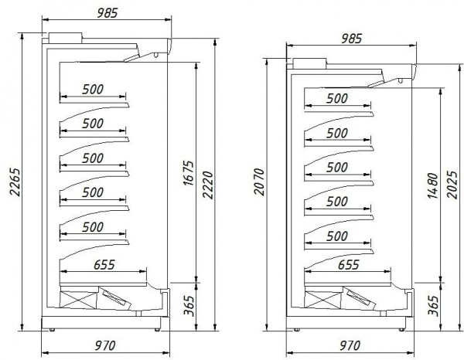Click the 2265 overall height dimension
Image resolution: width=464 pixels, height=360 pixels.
15,182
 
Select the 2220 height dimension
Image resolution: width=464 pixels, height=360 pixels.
208,185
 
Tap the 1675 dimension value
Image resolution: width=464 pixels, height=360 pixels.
188,173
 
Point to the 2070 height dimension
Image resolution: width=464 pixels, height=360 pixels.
259,182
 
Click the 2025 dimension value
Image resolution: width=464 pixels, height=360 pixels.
452,185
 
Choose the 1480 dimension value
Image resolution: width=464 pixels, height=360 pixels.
432,185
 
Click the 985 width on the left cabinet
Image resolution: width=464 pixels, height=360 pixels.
107,13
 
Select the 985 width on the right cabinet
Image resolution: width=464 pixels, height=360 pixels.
352,39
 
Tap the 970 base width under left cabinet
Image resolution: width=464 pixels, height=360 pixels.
105,345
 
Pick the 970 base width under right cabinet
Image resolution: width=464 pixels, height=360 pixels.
350,345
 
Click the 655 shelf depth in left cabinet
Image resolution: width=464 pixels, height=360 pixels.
104,264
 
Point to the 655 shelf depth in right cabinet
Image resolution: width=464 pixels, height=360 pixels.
349,264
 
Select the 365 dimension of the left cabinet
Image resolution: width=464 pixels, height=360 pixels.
189,306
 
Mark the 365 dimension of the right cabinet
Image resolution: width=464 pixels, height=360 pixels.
433,306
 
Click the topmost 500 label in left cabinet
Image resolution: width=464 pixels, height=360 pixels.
93,90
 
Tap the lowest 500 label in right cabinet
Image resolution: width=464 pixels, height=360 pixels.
337,236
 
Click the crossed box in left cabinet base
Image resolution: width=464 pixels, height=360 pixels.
78,300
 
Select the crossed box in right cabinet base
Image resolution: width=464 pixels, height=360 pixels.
322,300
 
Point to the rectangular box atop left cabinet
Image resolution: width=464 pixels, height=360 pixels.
65,38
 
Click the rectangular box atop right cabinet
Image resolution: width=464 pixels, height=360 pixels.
309,63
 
